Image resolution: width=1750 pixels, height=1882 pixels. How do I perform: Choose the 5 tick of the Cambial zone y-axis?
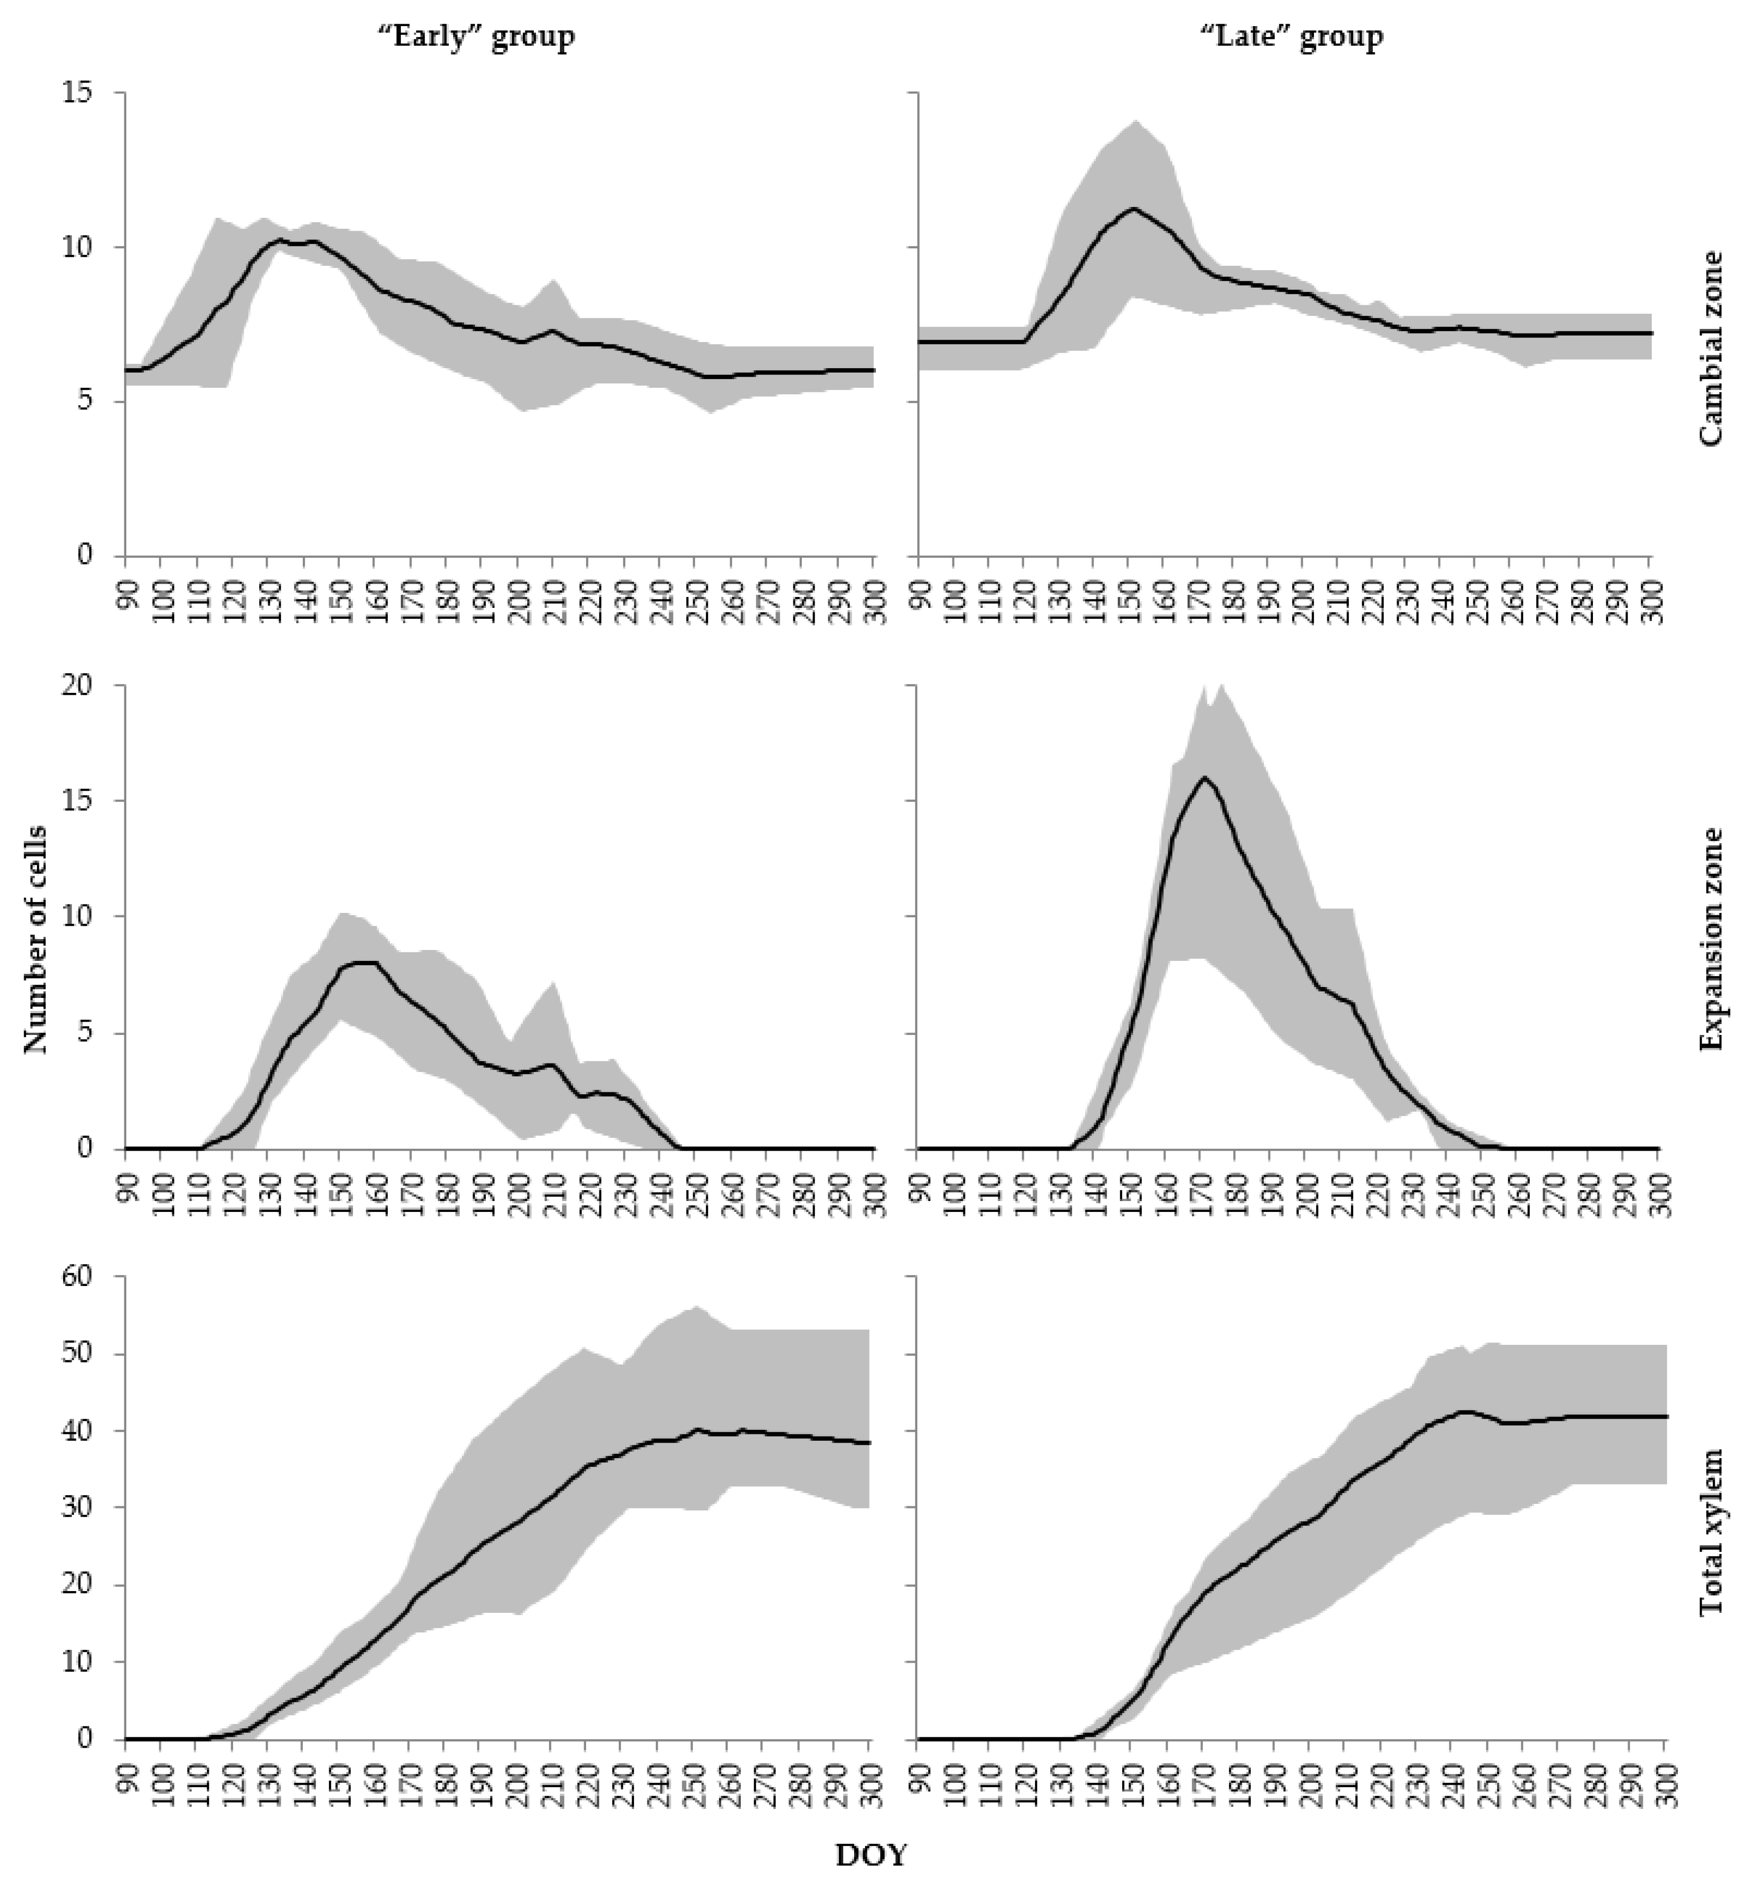click(88, 401)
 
